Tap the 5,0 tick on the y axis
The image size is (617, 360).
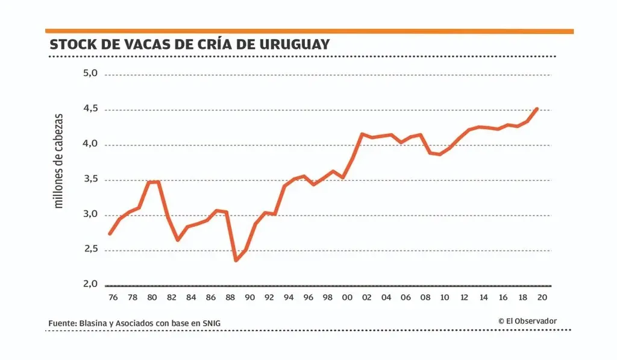click(x=90, y=74)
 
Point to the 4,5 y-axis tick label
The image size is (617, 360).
click(x=90, y=109)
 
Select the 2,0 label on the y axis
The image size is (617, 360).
click(x=90, y=284)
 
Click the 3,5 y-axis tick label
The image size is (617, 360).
click(x=90, y=179)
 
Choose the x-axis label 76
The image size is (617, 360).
click(x=113, y=297)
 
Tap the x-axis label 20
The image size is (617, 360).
click(x=542, y=297)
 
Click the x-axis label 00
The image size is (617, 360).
click(x=347, y=297)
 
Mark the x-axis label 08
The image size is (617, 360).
click(x=425, y=297)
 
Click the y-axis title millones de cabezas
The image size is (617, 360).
click(x=58, y=160)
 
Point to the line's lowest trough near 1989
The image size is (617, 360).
click(x=236, y=260)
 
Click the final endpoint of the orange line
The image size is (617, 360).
click(x=536, y=109)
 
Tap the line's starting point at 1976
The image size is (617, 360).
click(x=110, y=233)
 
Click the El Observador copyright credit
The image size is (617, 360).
click(x=527, y=321)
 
